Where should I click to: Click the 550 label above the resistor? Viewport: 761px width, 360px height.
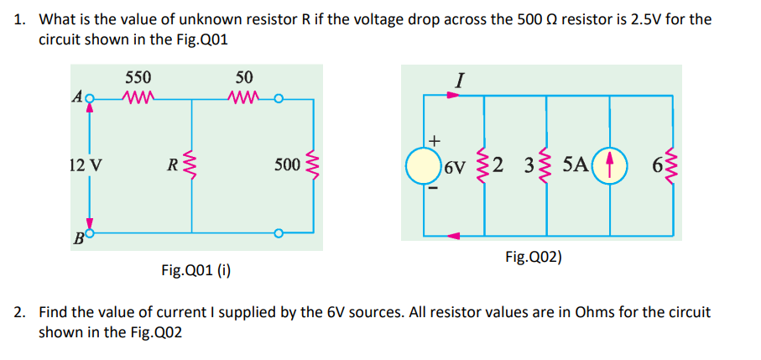coord(138,76)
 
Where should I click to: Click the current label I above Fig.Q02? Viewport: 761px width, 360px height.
coord(458,81)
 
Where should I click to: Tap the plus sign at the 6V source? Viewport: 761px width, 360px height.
coord(434,138)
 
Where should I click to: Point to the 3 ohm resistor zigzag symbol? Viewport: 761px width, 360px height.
coord(546,165)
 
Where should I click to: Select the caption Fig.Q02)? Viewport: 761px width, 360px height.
coord(534,257)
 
